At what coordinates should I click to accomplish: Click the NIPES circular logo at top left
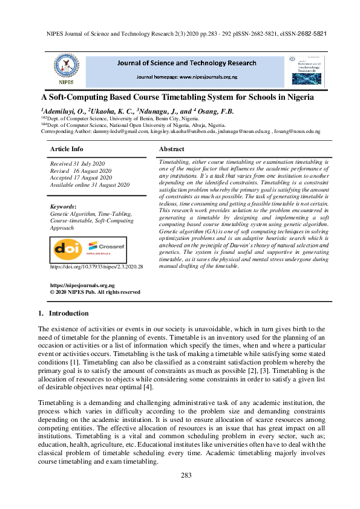click(67, 68)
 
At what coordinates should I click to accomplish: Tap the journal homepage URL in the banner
click(186, 77)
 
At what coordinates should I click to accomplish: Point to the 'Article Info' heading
click(66, 149)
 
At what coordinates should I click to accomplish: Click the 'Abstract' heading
click(171, 149)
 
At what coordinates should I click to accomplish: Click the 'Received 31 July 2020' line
click(77, 163)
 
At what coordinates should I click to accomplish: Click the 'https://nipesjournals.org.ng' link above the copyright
click(82, 285)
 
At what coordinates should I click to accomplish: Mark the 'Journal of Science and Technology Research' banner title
click(186, 63)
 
